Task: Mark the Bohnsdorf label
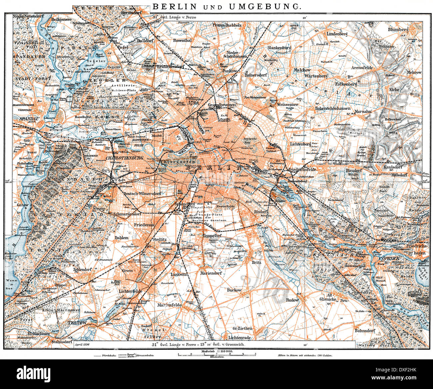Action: [x=365, y=331]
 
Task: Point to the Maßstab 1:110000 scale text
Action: [x=216, y=351]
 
